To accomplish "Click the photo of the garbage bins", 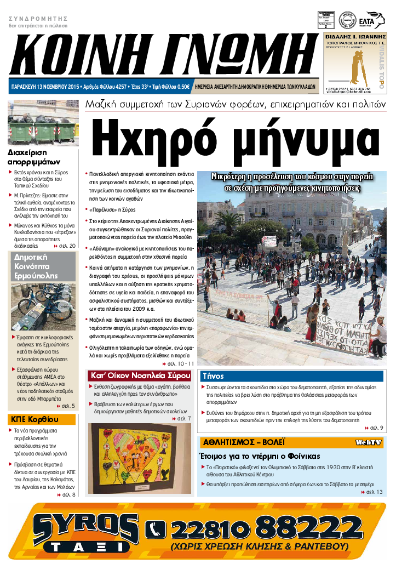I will [x=43, y=123].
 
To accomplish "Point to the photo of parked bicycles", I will [x=43, y=307].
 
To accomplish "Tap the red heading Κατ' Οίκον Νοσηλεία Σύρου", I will [x=140, y=376].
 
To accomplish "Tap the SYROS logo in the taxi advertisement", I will [x=85, y=527].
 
